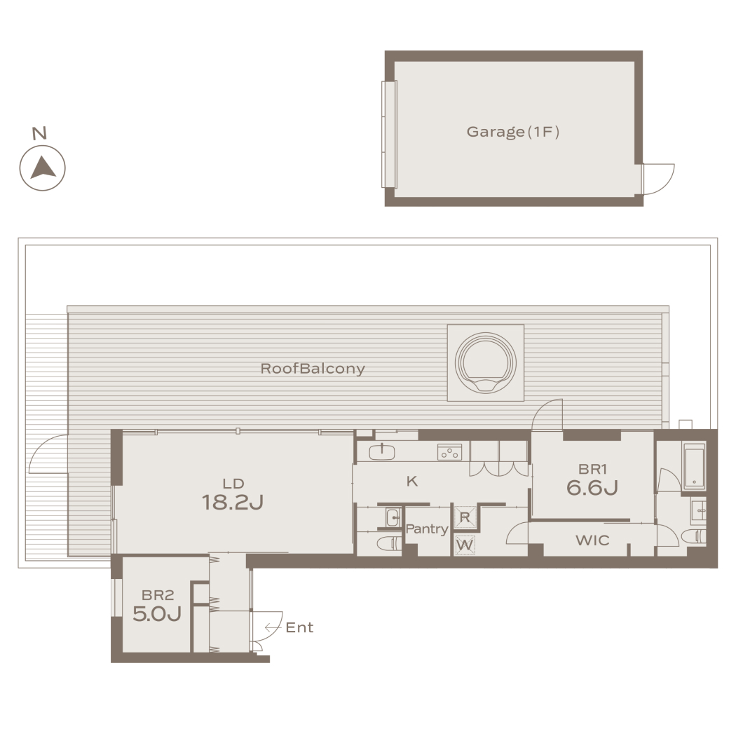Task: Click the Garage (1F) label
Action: [512, 132]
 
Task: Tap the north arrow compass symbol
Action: [42, 168]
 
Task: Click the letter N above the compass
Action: [39, 133]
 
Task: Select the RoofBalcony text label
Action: [313, 369]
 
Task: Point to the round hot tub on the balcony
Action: [485, 363]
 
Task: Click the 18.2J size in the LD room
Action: [232, 503]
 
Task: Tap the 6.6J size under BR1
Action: [592, 488]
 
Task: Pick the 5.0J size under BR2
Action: [157, 613]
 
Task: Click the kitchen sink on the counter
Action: [381, 452]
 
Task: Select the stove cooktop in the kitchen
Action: [450, 452]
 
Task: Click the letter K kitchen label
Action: [412, 481]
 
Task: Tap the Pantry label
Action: [427, 529]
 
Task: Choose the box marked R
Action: [465, 517]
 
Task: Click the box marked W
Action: [465, 545]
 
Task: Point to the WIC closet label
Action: [592, 540]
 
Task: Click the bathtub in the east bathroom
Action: [694, 467]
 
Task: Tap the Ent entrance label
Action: [299, 627]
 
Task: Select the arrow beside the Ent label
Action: [273, 627]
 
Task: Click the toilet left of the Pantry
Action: [389, 544]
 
